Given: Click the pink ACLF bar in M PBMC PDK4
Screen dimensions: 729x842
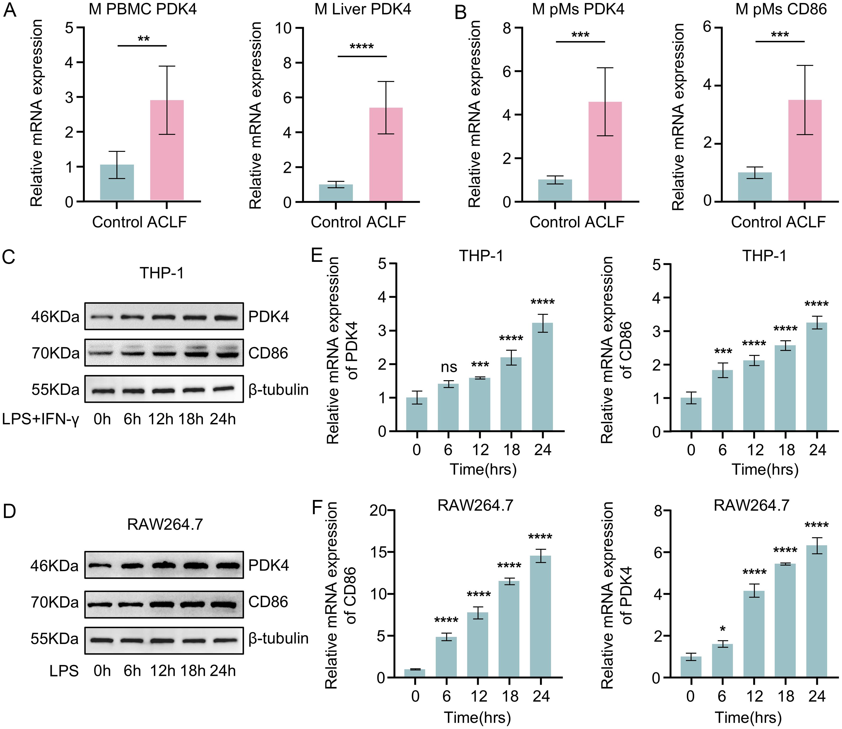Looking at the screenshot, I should click(x=167, y=150).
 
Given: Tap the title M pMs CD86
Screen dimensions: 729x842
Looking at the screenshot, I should click(x=781, y=9).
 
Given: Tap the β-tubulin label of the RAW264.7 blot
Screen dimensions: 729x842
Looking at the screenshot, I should click(x=278, y=638).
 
